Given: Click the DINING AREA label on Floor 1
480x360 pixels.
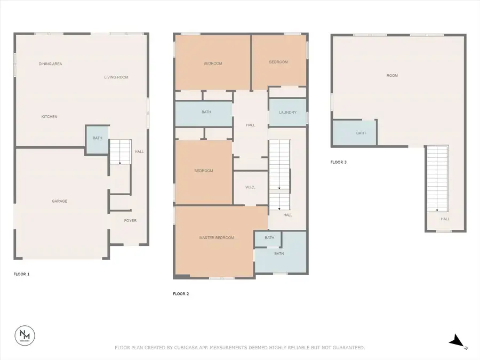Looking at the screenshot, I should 50,64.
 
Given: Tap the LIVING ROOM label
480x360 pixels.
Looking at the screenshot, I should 116,77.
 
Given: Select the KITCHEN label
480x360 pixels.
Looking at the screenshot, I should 50,117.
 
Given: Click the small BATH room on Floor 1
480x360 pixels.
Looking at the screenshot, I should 97,139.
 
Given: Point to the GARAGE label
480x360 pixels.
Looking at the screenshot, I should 59,201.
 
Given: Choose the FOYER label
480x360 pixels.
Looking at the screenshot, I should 130,220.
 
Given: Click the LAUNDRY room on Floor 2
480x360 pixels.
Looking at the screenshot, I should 287,113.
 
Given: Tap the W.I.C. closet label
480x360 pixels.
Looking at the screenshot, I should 251,187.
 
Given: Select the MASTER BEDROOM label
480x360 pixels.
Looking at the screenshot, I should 217,237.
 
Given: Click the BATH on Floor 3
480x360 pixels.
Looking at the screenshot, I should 361,133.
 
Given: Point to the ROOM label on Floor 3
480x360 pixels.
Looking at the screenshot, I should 392,76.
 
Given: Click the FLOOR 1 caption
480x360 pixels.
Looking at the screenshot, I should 21,274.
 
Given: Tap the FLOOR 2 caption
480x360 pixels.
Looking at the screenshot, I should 181,294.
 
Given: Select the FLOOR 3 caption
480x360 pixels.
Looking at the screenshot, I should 338,162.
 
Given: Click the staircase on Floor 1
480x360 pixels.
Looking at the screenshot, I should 120,151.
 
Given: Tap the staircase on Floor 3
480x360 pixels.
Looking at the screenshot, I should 437,179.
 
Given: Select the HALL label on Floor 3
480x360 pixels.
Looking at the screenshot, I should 445,219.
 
